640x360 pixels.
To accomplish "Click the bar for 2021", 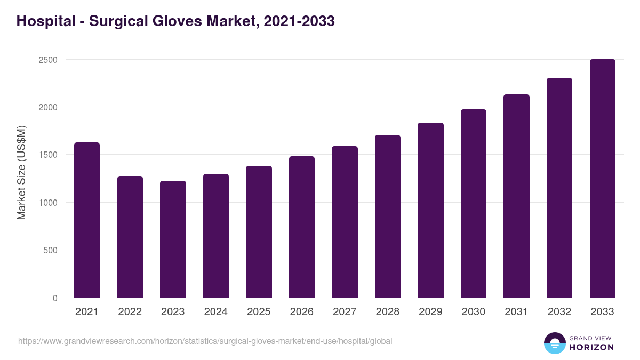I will [87, 220].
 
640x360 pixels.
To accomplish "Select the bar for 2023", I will [173, 239].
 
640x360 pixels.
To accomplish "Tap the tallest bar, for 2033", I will [602, 178].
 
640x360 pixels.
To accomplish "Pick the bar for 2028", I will [388, 216].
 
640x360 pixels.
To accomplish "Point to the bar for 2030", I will [474, 203].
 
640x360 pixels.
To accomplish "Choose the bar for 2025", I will [259, 231].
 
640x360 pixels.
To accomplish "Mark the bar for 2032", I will [559, 188].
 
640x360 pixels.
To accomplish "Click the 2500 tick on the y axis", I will [48, 60].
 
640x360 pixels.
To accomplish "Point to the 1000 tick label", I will [48, 203].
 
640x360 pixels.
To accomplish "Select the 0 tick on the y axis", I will [55, 298].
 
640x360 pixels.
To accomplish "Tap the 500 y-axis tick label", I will [50, 250].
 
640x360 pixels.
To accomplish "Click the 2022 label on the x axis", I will [130, 312].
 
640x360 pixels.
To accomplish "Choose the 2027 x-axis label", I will [345, 312].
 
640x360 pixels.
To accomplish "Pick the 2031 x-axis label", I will [516, 312].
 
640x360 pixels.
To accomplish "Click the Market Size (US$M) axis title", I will [21, 172].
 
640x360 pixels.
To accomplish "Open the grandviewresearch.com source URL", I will [205, 341].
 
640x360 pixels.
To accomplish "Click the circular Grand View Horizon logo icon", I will [555, 343].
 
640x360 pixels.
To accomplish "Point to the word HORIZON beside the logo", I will [591, 347].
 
